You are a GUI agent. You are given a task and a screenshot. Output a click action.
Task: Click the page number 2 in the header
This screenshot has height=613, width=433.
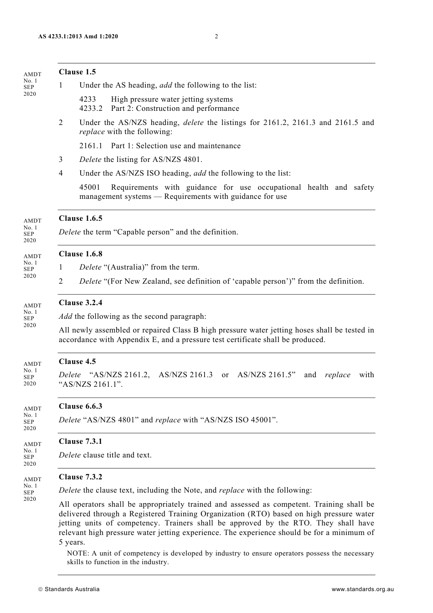click(216, 36)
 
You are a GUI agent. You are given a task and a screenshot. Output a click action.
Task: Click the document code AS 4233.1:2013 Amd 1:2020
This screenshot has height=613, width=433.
click(78, 36)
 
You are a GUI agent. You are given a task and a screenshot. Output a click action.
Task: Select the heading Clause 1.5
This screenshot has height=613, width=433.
click(77, 72)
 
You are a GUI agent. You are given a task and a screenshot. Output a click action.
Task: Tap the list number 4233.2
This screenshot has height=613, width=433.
click(91, 109)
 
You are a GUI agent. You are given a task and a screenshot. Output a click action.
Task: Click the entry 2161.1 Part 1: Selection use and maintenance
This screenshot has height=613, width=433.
click(160, 146)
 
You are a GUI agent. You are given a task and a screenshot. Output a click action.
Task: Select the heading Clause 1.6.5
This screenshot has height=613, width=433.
click(80, 218)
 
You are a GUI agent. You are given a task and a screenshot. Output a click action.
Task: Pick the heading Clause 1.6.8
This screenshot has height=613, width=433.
click(80, 254)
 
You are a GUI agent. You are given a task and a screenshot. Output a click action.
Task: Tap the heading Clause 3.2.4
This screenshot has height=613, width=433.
click(80, 303)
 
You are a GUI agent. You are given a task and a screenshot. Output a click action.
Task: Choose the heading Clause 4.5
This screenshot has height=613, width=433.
click(77, 362)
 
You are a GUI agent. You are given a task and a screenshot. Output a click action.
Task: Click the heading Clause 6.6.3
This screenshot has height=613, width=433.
click(80, 406)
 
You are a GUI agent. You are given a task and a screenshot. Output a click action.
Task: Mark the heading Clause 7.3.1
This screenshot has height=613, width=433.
click(80, 442)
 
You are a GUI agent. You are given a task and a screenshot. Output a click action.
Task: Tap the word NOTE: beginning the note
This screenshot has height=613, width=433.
click(78, 553)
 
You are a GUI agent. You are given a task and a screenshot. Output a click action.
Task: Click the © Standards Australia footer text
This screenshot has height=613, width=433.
click(69, 589)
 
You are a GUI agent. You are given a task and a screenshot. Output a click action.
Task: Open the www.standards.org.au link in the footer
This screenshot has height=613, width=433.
click(362, 589)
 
